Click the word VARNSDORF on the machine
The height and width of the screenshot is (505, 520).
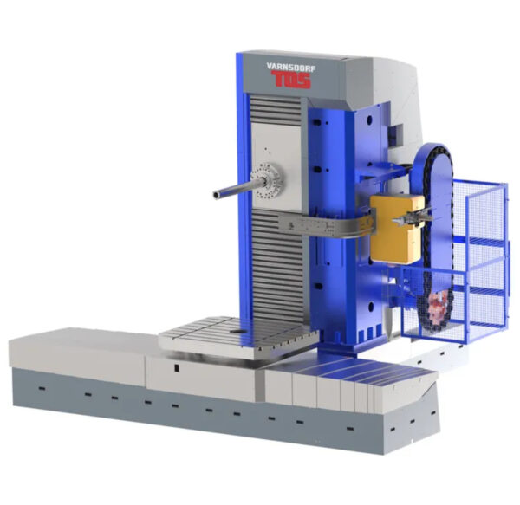290,67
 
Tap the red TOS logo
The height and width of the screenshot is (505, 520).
291,80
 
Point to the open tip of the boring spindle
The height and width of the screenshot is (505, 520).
216,195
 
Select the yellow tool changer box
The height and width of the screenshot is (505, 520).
397,229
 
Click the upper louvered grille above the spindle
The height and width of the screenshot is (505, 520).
276,110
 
